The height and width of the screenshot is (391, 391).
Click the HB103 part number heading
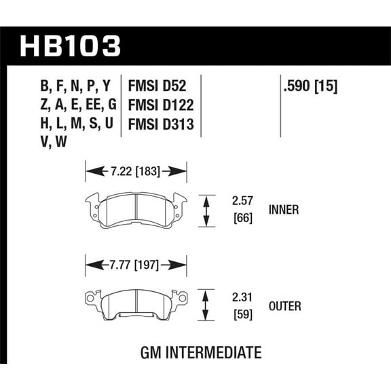coord(71,45)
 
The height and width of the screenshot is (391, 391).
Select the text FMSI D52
coord(156,86)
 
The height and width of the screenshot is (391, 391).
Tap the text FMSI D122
coord(160,105)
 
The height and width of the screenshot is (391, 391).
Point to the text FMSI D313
coord(160,124)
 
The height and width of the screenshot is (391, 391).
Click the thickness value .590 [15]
coord(309,86)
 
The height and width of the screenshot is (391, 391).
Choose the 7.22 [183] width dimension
coord(135,171)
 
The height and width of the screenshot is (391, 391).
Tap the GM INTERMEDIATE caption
coord(201,353)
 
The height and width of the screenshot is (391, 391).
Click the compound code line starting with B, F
coord(75,86)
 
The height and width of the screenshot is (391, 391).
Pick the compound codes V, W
coord(54,143)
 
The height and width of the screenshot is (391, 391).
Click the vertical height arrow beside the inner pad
coord(206,210)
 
